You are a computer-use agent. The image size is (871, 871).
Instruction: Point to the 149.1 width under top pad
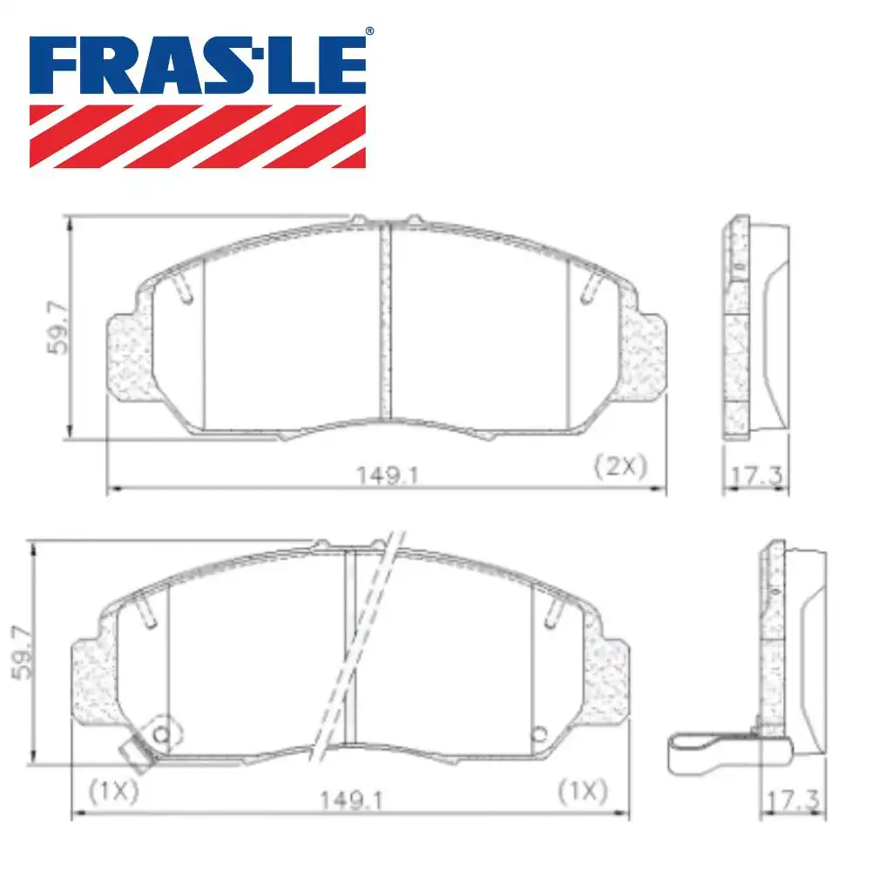pyautogui.click(x=375, y=475)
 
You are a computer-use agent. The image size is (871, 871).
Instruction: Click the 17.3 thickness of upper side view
pyautogui.click(x=755, y=476)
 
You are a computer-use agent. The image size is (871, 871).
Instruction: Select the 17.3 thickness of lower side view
pyautogui.click(x=789, y=798)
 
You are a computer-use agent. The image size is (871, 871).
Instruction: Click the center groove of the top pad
pyautogui.click(x=386, y=322)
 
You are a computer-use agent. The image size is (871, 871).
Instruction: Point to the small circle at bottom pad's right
pyautogui.click(x=537, y=731)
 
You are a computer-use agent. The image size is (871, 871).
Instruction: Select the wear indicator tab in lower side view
pyautogui.click(x=701, y=753)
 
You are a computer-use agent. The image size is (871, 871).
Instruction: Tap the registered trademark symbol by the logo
pyautogui.click(x=368, y=32)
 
